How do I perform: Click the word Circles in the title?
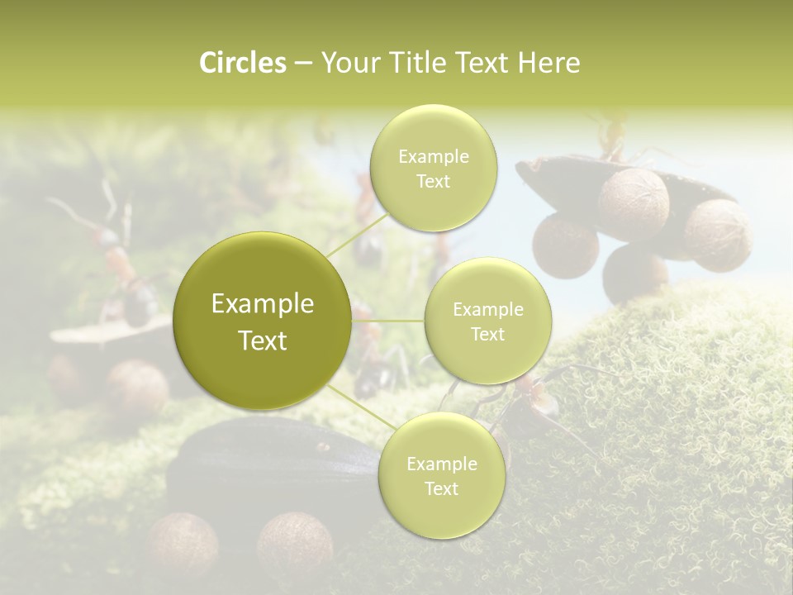click(x=242, y=63)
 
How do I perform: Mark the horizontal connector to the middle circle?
click(x=388, y=321)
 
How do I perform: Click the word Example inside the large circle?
click(x=263, y=304)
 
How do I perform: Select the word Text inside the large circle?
click(x=263, y=340)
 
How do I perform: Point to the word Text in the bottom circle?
click(x=441, y=489)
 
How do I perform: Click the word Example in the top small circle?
click(x=433, y=157)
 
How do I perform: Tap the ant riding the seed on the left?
click(x=116, y=264)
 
